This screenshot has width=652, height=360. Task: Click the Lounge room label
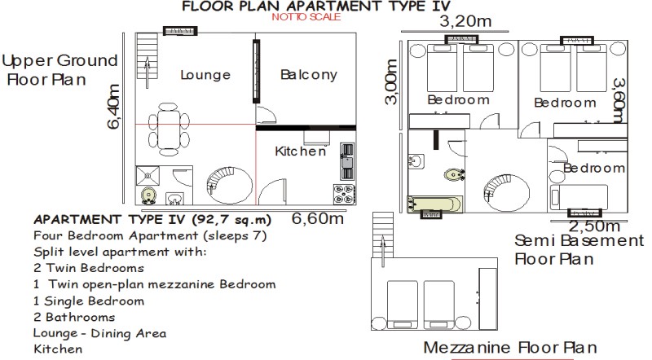(x=205, y=75)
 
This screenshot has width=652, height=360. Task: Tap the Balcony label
(x=309, y=75)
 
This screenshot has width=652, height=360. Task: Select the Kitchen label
(x=301, y=151)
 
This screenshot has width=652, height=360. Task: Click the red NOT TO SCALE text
(x=306, y=16)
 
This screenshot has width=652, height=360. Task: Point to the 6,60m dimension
(x=318, y=218)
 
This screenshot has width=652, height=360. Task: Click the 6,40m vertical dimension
(x=113, y=107)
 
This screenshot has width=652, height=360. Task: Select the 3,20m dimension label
(x=465, y=21)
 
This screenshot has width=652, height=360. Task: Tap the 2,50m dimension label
(x=594, y=226)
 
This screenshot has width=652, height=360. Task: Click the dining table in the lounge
(x=169, y=130)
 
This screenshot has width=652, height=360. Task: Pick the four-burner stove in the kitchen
(x=344, y=195)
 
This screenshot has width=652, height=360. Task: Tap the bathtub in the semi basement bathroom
(x=435, y=204)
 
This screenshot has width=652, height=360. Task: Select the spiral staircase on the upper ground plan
(x=230, y=185)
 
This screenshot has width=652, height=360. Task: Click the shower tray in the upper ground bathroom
(x=148, y=176)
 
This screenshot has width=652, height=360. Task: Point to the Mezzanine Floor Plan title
(x=510, y=348)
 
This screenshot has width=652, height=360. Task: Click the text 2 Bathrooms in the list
(x=74, y=317)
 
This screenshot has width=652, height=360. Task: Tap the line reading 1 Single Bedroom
(x=89, y=301)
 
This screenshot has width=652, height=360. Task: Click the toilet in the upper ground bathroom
(x=148, y=195)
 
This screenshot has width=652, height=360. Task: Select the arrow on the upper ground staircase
(x=148, y=73)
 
